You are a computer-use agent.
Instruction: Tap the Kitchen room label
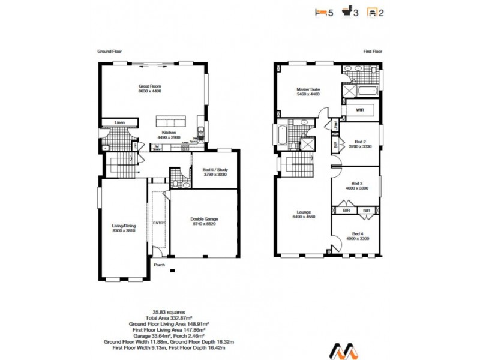[168, 133]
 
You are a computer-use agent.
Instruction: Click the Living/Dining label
[122, 228]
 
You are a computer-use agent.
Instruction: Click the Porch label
[159, 265]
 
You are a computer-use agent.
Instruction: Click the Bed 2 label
[357, 142]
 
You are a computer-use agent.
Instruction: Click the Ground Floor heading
[110, 52]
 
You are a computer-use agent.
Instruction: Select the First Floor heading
[372, 52]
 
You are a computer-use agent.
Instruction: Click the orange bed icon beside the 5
[320, 11]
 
